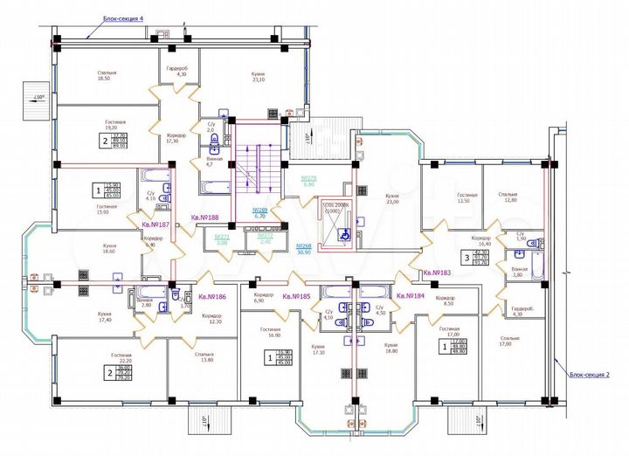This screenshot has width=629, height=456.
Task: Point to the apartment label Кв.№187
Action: [x=155, y=225]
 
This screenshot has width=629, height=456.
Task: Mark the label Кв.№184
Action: [x=410, y=296]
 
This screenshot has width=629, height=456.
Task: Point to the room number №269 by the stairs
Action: [x=259, y=212]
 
